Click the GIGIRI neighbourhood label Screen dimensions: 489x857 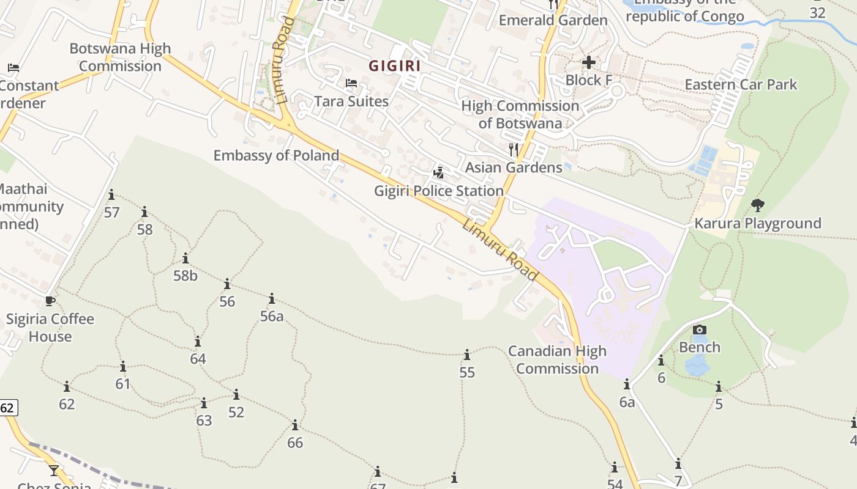[x=395, y=65]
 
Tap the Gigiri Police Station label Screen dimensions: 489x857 [x=439, y=191]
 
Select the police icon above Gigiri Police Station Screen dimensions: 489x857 [x=438, y=172]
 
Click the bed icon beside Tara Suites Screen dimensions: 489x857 [x=351, y=83]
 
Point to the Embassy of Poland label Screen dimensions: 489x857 [x=276, y=155]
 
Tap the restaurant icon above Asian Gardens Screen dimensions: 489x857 [x=514, y=149]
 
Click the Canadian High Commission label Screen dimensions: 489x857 [x=557, y=359]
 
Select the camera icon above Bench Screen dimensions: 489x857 [x=700, y=330]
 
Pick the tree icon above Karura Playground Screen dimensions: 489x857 [x=757, y=205]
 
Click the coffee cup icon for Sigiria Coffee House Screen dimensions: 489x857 [x=50, y=301]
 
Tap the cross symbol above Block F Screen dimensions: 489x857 [x=589, y=62]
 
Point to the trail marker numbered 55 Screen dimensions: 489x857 [x=467, y=355]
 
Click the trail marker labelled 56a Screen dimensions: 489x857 [x=272, y=299]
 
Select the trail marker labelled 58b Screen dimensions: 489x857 [x=185, y=259]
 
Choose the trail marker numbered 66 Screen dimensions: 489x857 [x=295, y=425]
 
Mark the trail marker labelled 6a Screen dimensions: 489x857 [x=627, y=384]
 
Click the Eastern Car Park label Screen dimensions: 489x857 [x=741, y=84]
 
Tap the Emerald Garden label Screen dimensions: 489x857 [x=553, y=20]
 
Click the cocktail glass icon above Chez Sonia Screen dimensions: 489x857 [x=54, y=470]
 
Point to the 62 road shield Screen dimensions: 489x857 [x=8, y=408]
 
